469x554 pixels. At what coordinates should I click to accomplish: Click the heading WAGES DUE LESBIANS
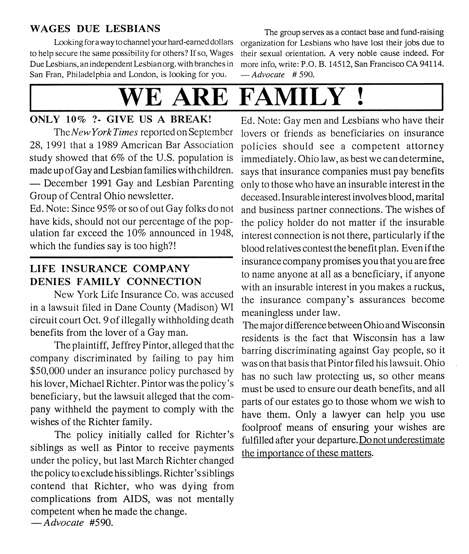(95, 29)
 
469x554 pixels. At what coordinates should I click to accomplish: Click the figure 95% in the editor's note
(106, 208)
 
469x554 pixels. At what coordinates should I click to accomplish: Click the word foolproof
(261, 427)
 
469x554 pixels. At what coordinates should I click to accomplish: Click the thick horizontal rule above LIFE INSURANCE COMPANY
(131, 257)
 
